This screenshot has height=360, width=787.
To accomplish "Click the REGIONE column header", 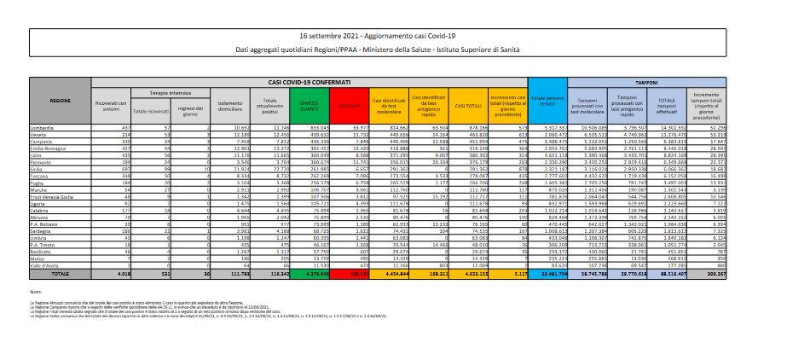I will pos(61,101).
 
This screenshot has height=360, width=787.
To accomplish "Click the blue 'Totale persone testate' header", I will pos(544,101).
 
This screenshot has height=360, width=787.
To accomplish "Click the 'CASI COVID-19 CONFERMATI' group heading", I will pos(306,81).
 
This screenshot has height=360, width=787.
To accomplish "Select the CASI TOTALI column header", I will pos(467,105).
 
